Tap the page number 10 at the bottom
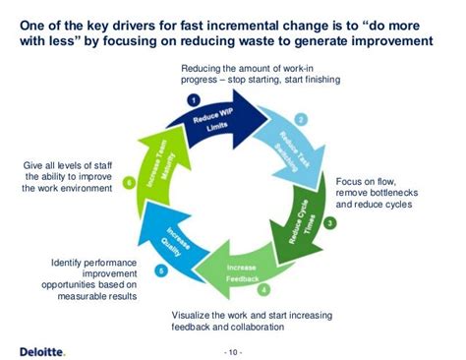(x=233, y=350)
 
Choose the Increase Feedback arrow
(x=242, y=273)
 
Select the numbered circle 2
(x=302, y=118)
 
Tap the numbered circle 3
(x=330, y=223)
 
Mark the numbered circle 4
(x=263, y=288)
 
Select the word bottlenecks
(x=400, y=192)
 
